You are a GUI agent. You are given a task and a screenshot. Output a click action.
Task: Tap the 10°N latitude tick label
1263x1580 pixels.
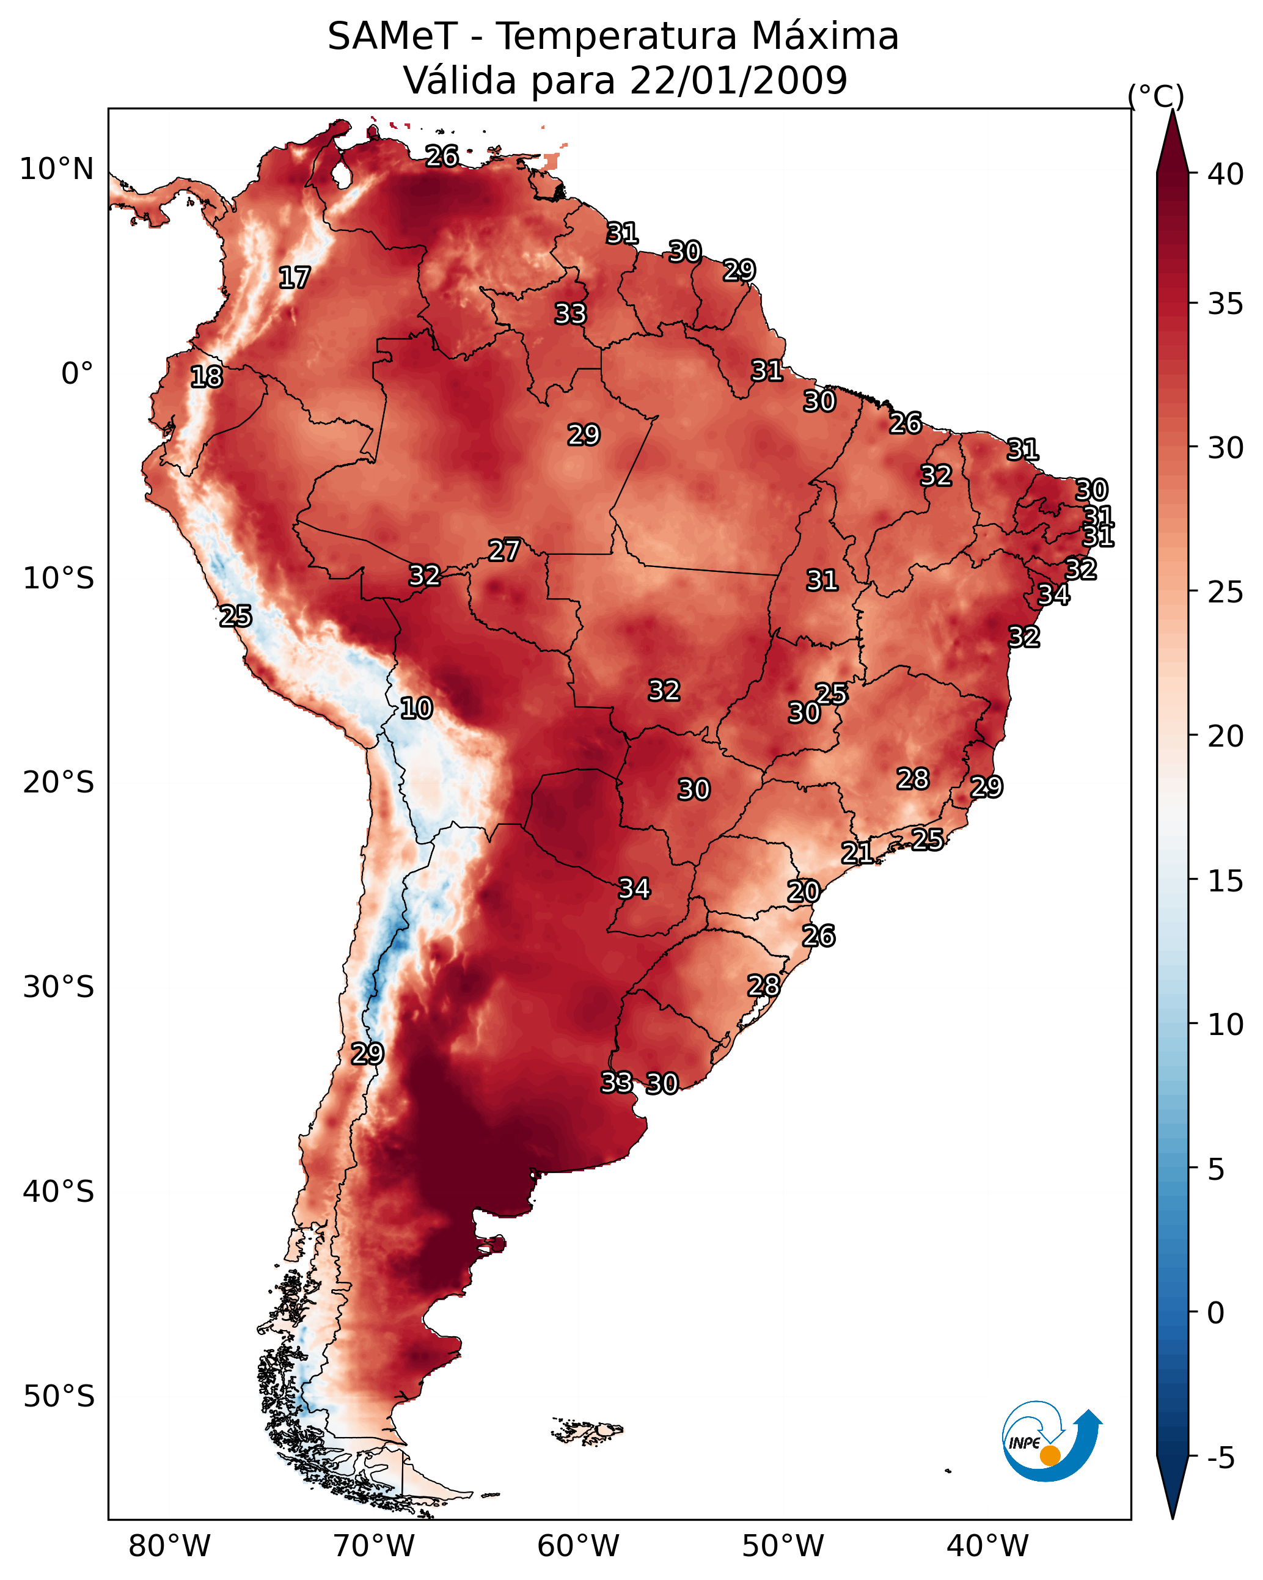click(56, 169)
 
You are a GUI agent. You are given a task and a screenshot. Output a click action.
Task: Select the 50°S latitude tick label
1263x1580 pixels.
click(59, 1396)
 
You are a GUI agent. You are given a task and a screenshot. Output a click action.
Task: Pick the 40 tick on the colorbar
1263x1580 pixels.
click(1225, 174)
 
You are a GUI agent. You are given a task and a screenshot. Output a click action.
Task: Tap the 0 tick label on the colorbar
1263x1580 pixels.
click(1215, 1312)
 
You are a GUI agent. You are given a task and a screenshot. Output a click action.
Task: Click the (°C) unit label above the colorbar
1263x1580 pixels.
click(1155, 96)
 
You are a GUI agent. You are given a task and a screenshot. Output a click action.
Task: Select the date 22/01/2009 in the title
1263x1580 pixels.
click(738, 81)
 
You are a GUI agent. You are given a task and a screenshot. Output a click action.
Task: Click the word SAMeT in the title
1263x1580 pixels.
click(392, 37)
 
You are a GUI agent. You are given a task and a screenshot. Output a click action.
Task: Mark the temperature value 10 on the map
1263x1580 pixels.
click(416, 708)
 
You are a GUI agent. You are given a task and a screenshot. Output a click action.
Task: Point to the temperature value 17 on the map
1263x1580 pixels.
click(295, 278)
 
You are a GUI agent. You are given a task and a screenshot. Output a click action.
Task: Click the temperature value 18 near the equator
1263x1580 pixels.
click(207, 377)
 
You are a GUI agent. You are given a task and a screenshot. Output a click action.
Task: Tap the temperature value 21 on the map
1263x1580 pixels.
click(857, 852)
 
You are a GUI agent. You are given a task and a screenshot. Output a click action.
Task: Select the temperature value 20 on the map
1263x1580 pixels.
click(804, 891)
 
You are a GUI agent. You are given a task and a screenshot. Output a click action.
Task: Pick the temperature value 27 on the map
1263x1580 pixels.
click(504, 550)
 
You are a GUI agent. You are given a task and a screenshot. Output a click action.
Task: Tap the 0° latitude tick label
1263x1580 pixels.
click(77, 374)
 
